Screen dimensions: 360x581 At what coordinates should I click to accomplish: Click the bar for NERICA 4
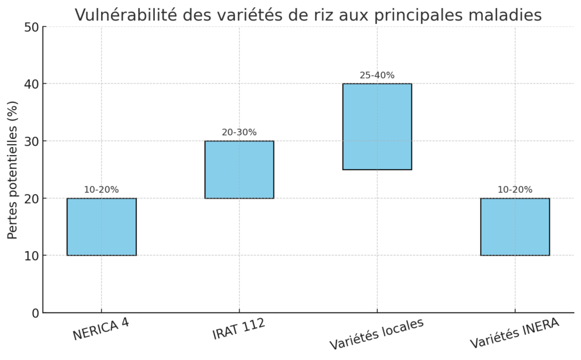pos(102,227)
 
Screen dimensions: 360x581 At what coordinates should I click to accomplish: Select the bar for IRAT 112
pos(239,169)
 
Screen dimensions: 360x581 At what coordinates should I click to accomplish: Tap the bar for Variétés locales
pos(377,127)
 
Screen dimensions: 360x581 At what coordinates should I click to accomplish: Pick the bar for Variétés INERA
pos(515,227)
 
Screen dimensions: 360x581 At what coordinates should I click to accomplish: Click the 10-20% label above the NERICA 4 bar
pos(102,190)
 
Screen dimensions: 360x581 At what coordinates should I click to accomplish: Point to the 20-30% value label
pos(239,132)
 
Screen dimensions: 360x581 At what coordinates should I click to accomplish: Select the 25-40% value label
pos(377,75)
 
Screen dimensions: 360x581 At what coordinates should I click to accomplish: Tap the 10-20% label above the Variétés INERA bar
pos(515,190)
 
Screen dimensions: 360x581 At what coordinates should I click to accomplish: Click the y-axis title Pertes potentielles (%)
pos(12,169)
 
